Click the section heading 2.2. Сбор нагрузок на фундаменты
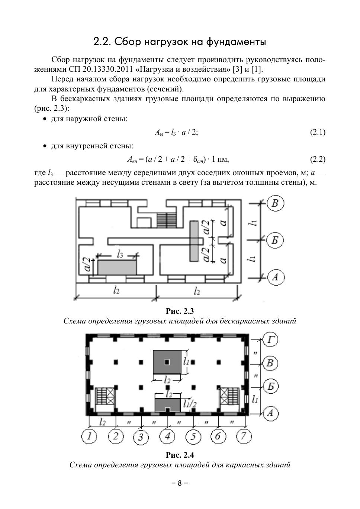click(x=180, y=42)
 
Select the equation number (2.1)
click(x=318, y=132)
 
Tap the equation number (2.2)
click(x=318, y=160)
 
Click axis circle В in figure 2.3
click(x=275, y=203)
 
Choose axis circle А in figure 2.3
click(x=275, y=277)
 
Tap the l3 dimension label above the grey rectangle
click(x=120, y=254)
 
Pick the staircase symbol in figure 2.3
click(x=166, y=218)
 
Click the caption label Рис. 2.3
click(x=180, y=311)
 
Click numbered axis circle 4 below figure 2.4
click(x=167, y=435)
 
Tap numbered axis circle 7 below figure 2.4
click(x=244, y=435)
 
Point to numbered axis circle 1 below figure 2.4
click(x=89, y=436)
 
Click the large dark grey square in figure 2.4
click(x=167, y=362)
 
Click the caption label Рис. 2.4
click(x=180, y=455)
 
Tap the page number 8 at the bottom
click(x=180, y=483)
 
